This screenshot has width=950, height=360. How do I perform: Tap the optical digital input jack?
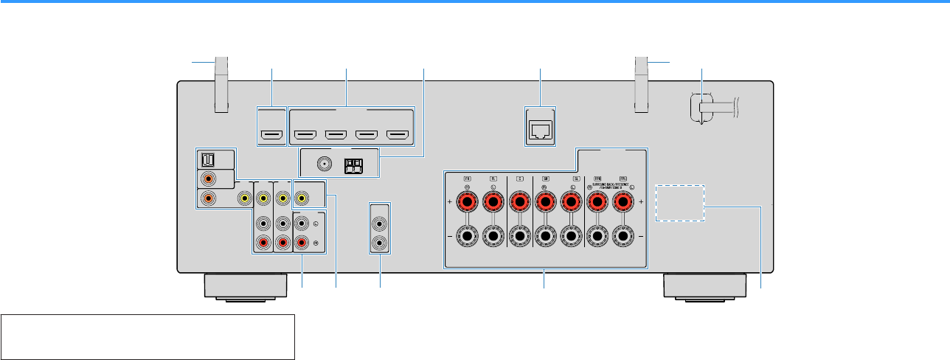point(209,159)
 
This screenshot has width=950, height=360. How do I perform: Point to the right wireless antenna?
point(641,85)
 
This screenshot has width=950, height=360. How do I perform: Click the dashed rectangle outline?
point(679,201)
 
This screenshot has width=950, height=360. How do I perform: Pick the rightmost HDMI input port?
point(398,135)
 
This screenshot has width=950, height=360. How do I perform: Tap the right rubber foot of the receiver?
point(704,286)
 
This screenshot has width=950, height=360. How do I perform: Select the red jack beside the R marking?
point(302,243)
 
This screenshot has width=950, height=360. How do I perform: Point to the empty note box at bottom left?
point(148,336)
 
